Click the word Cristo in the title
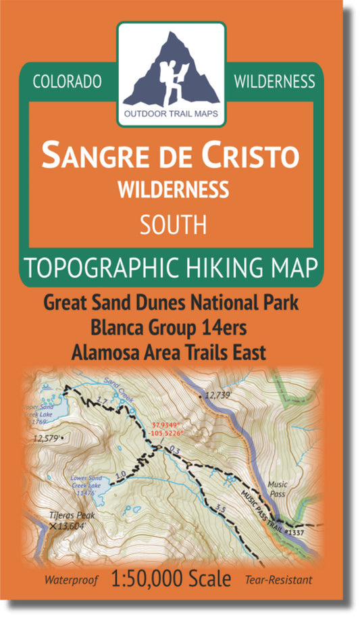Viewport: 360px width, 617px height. pos(251,155)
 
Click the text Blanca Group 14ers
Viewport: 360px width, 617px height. pos(171,327)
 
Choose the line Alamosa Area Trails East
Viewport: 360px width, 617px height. pos(171,351)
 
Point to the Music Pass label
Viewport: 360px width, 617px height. pos(277,489)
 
